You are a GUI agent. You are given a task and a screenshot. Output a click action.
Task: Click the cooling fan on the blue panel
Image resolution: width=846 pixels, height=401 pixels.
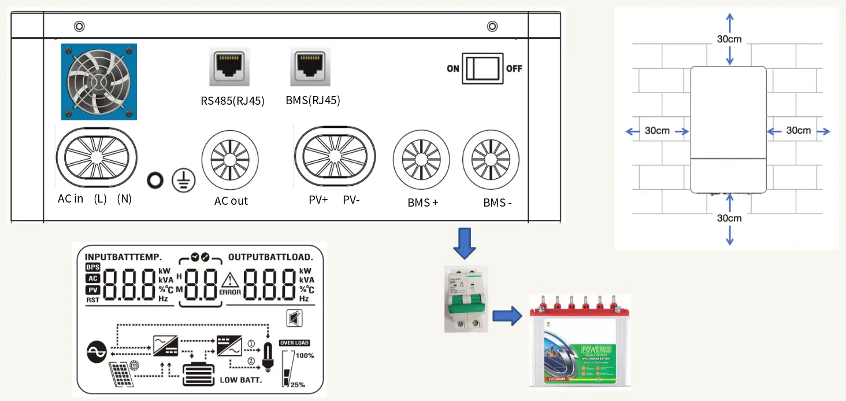click(99, 82)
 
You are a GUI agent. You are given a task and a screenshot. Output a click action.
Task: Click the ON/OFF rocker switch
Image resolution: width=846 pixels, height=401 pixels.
click(483, 69)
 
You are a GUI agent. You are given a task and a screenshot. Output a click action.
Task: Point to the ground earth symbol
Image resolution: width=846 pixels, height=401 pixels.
click(184, 181)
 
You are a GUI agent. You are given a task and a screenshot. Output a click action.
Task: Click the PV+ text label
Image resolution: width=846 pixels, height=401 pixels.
click(318, 200)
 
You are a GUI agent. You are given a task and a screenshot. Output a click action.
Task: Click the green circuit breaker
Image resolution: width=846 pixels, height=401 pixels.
click(466, 299)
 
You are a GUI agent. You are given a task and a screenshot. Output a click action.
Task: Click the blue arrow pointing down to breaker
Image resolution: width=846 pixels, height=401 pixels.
click(464, 244)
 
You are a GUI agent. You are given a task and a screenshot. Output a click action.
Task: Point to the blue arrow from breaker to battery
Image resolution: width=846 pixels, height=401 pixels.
click(507, 316)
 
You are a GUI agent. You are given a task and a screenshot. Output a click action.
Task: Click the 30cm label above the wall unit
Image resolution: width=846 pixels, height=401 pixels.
click(729, 39)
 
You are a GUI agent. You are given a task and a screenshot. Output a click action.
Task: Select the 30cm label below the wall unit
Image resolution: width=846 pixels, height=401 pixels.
click(729, 218)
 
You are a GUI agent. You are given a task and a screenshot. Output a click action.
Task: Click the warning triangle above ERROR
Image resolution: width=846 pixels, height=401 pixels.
click(230, 281)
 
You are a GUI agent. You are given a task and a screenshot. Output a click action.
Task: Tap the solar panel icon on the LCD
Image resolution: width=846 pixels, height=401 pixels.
click(122, 374)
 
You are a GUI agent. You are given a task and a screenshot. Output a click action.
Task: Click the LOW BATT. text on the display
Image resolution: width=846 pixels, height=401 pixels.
click(241, 380)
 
